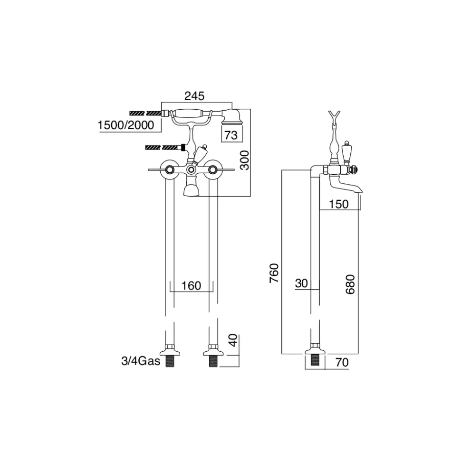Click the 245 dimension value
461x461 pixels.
point(194,96)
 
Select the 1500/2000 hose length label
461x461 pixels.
point(125,125)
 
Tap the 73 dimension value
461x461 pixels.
point(231,135)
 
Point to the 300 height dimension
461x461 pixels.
point(244,160)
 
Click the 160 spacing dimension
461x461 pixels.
point(192,285)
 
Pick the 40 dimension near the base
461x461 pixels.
point(233,340)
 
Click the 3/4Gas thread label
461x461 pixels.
point(140,361)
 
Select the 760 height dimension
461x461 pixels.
point(274,273)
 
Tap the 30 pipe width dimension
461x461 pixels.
point(301,283)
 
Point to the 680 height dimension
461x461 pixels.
point(350,284)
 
